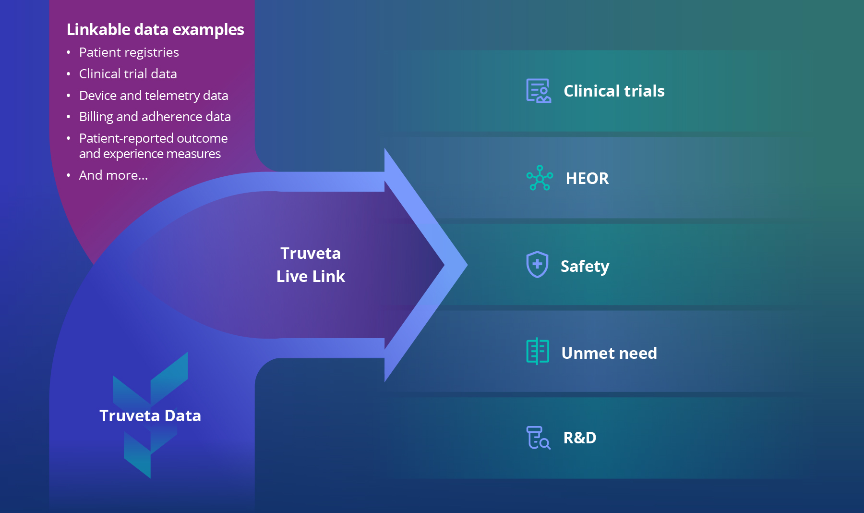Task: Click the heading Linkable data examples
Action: click(155, 30)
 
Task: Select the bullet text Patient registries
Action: click(129, 52)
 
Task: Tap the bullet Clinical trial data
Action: click(128, 74)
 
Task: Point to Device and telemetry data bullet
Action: click(153, 96)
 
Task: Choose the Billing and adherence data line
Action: click(155, 117)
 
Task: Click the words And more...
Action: click(113, 175)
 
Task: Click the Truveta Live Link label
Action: click(311, 265)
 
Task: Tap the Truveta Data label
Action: click(150, 415)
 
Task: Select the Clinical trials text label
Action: click(613, 91)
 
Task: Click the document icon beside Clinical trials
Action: click(538, 91)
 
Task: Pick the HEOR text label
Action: click(587, 179)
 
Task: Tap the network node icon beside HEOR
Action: click(540, 178)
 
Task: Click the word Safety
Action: click(584, 266)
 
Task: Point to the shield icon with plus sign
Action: click(537, 265)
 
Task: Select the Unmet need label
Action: click(609, 354)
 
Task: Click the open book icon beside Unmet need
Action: click(538, 352)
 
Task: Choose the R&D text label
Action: click(579, 438)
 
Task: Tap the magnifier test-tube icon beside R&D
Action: click(538, 438)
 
